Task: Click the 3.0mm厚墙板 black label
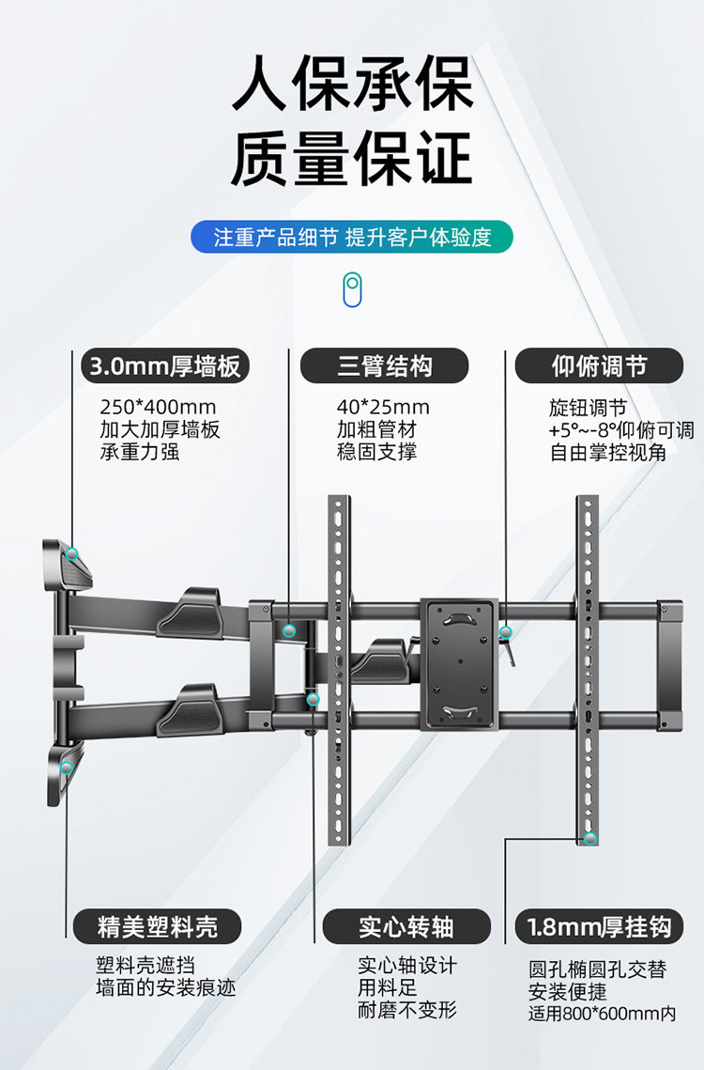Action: pyautogui.click(x=163, y=365)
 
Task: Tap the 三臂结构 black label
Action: pyautogui.click(x=384, y=365)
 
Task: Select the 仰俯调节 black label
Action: pyautogui.click(x=599, y=365)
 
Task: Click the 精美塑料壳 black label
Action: pyautogui.click(x=158, y=927)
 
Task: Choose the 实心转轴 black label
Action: pyautogui.click(x=406, y=927)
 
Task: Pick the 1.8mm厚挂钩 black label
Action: pyautogui.click(x=599, y=927)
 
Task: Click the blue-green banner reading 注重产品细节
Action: pyautogui.click(x=352, y=237)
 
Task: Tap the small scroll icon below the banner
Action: pyautogui.click(x=352, y=289)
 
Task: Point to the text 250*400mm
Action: pyautogui.click(x=158, y=408)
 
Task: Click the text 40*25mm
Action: pyautogui.click(x=383, y=408)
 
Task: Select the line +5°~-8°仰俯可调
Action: pyautogui.click(x=621, y=430)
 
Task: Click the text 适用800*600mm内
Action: pyautogui.click(x=602, y=1014)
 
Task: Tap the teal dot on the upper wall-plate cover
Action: pyautogui.click(x=72, y=553)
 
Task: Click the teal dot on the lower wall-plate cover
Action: pyautogui.click(x=67, y=768)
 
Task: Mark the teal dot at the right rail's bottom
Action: pyautogui.click(x=589, y=838)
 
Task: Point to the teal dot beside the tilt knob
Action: pyautogui.click(x=505, y=632)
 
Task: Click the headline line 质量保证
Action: pyautogui.click(x=352, y=159)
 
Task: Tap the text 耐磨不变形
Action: pyautogui.click(x=406, y=1010)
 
